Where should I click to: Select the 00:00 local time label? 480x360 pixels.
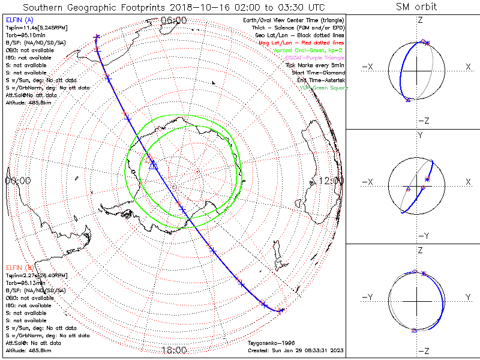(18, 180)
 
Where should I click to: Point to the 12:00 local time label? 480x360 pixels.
(331, 180)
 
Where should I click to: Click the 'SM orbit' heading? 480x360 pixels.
(416, 7)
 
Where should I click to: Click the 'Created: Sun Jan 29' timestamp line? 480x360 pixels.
(296, 350)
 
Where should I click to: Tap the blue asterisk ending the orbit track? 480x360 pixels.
(281, 310)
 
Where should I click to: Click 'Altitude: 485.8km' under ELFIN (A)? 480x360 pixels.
(28, 103)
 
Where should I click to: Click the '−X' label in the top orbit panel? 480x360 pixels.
(368, 67)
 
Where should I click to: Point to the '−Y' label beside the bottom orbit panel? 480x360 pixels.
(368, 297)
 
